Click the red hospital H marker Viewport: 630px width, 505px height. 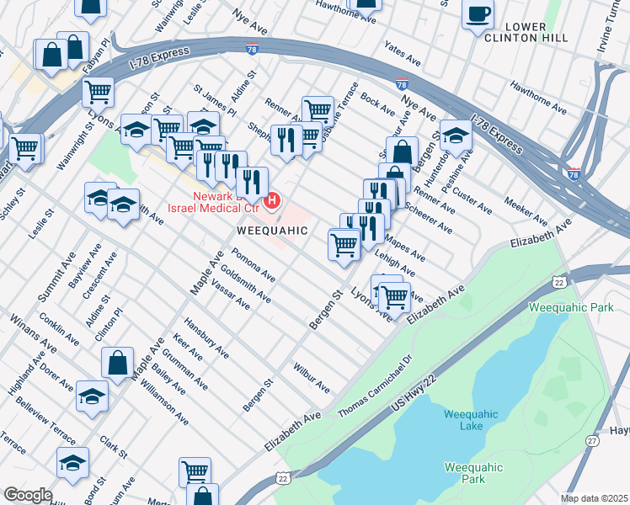click(x=272, y=200)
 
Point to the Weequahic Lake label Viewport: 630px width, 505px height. click(x=472, y=420)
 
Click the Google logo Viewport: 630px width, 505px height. click(x=28, y=495)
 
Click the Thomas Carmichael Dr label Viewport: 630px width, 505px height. click(x=376, y=387)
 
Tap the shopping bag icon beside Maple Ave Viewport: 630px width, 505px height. click(x=117, y=363)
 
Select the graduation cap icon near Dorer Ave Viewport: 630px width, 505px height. click(x=92, y=396)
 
